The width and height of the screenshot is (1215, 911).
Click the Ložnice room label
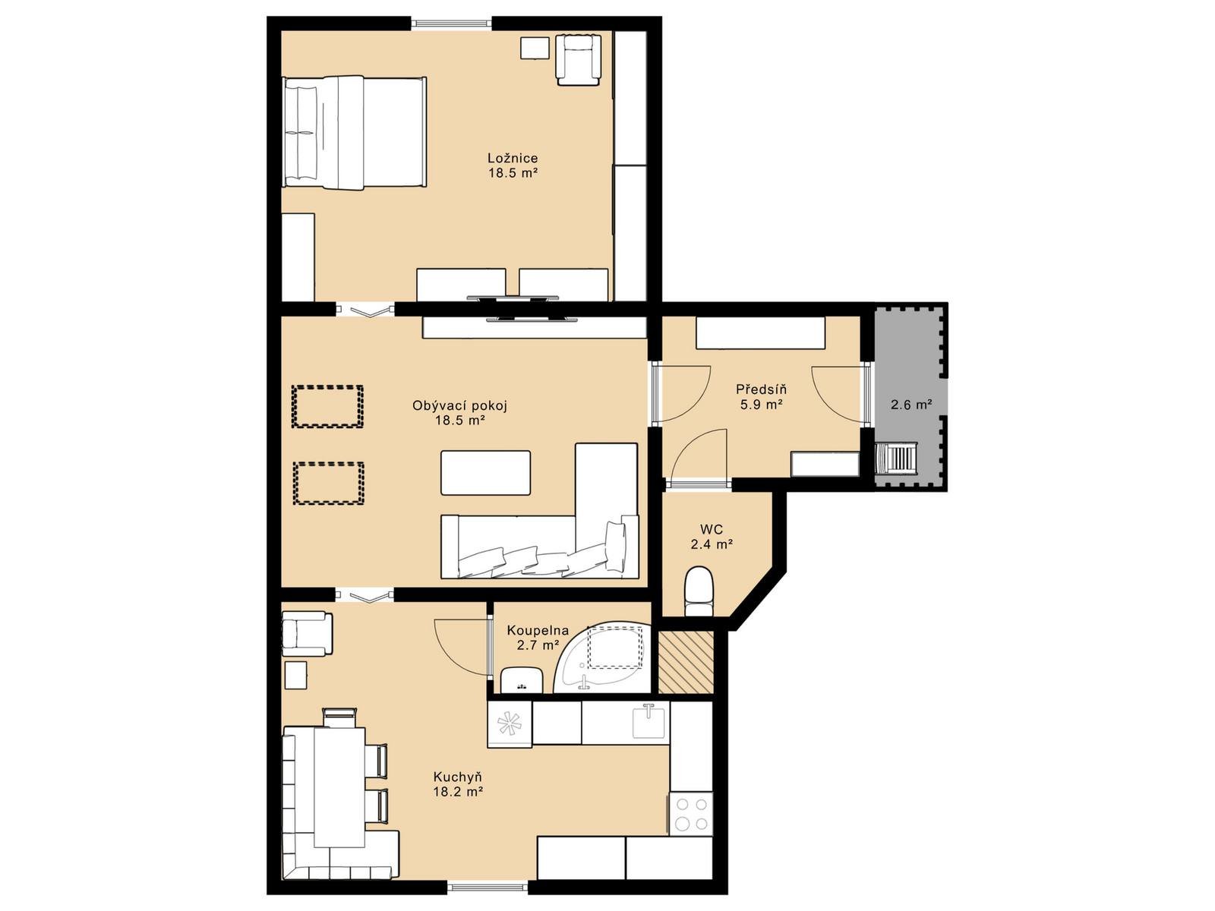pos(513,158)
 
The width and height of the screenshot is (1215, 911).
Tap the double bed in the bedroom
pos(355,133)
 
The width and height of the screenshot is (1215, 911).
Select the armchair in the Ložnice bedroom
pos(579,60)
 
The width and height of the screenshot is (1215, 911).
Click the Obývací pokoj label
pos(459,406)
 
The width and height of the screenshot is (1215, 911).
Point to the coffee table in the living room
pos(485,473)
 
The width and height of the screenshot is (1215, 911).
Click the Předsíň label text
pos(761,389)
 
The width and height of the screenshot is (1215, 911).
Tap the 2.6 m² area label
pos(911,405)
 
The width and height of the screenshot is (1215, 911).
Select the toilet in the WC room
pos(699,591)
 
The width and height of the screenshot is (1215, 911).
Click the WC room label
pos(712,530)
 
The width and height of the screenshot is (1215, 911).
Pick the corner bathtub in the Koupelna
pos(604,657)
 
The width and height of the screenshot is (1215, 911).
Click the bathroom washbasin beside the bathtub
pos(522,679)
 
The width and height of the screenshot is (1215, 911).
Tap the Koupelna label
pos(538,630)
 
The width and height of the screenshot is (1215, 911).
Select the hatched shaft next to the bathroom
pos(685,662)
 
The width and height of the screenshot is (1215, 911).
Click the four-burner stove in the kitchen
pos(690,813)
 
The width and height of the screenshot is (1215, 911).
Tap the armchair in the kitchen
pos(307,634)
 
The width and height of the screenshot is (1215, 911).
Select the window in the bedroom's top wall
pos(451,24)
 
